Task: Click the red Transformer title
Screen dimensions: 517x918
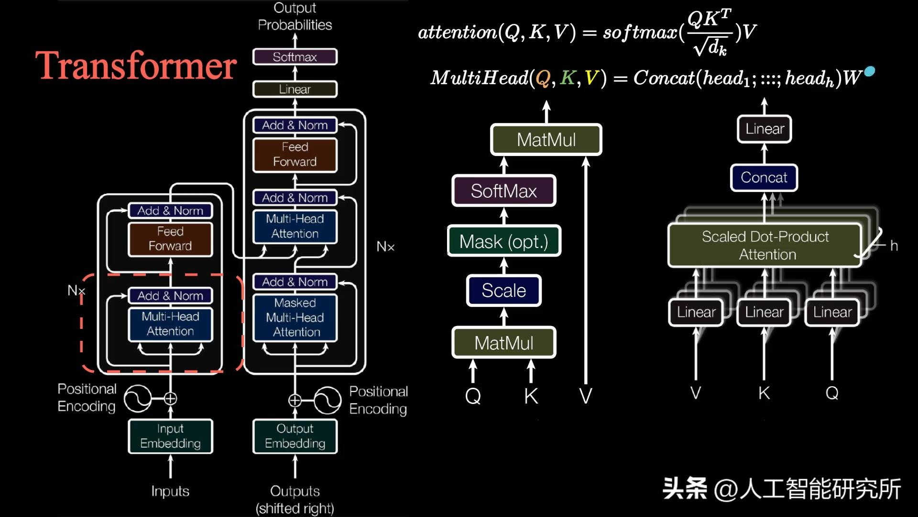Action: point(136,66)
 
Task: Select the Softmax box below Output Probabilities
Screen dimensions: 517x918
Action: point(295,57)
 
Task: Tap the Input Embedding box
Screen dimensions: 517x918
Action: point(170,436)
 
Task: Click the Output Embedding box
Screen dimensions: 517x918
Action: point(295,436)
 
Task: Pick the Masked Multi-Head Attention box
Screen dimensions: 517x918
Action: point(295,317)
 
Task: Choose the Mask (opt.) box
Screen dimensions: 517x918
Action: point(504,241)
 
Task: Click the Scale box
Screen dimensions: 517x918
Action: point(504,291)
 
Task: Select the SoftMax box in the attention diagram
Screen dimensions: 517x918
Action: point(504,191)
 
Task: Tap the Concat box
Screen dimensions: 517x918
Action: point(764,178)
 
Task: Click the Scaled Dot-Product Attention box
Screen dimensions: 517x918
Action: point(765,246)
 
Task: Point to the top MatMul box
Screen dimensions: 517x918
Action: point(546,140)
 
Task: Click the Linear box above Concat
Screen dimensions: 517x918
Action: point(764,129)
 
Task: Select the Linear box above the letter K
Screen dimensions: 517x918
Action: point(764,312)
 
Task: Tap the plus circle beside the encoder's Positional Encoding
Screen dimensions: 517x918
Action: point(170,398)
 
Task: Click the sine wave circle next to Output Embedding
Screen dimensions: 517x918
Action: point(328,400)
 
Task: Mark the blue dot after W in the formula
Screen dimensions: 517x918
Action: point(870,71)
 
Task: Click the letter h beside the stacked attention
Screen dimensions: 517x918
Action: point(894,246)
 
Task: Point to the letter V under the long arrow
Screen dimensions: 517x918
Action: point(586,396)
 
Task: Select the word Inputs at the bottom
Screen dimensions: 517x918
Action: point(170,491)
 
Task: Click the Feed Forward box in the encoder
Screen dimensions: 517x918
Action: point(170,239)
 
